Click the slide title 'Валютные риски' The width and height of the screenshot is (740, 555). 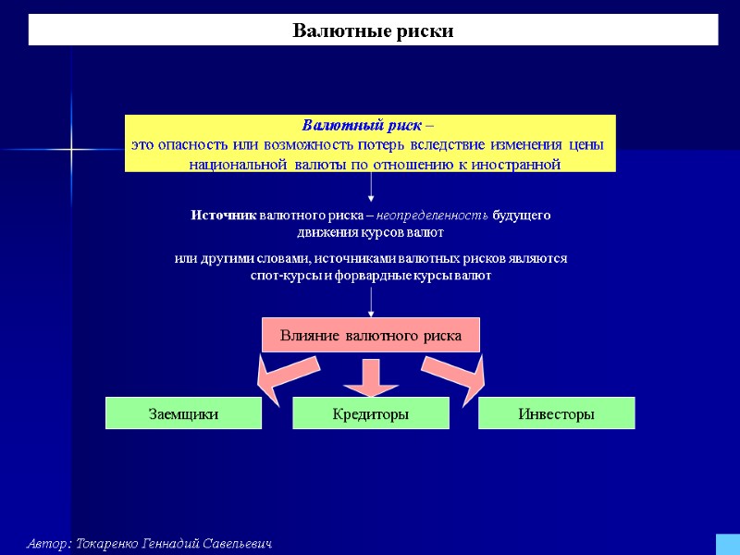pyautogui.click(x=373, y=31)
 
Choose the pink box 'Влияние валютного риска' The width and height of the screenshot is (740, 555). pyautogui.click(x=371, y=336)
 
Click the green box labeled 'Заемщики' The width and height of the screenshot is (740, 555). pyautogui.click(x=184, y=413)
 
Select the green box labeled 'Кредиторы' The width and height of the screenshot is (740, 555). pyautogui.click(x=371, y=413)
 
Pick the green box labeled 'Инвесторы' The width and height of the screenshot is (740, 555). pyautogui.click(x=556, y=413)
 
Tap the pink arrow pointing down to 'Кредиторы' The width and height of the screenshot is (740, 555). pyautogui.click(x=371, y=375)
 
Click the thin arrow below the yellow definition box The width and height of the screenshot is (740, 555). pyautogui.click(x=371, y=187)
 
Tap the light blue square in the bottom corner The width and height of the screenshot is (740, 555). pyautogui.click(x=727, y=544)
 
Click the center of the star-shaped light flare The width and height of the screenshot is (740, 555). pyautogui.click(x=71, y=149)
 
